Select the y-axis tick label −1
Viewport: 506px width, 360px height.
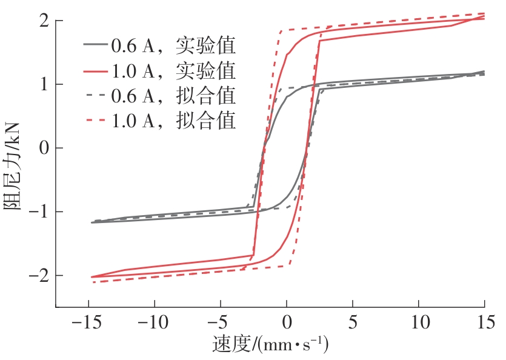(37, 212)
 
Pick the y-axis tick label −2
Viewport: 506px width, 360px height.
(37, 275)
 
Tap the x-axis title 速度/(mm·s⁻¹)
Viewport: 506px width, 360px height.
(270, 345)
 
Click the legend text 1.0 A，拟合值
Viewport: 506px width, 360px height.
(173, 121)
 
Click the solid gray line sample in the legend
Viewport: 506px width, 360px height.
(95, 45)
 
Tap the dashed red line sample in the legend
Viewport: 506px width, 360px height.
(95, 121)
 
